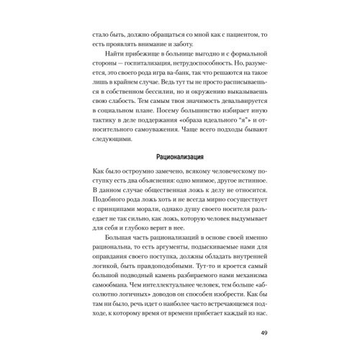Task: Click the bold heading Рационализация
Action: pyautogui.click(x=180, y=176)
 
